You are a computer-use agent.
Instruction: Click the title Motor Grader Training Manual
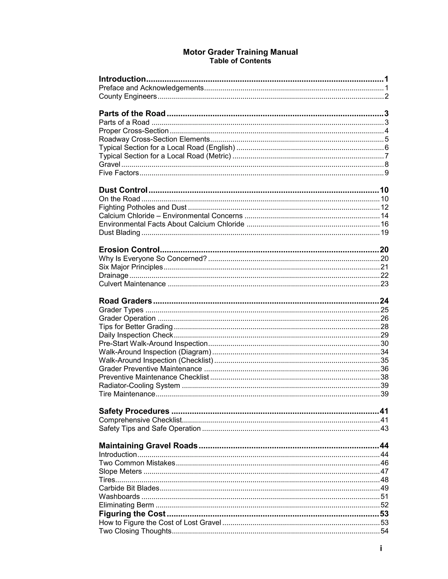tap(240, 52)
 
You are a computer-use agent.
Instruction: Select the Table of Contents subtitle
tap(240, 61)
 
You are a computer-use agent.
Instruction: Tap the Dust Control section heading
tap(123, 190)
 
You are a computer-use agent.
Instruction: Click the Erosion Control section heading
tap(129, 250)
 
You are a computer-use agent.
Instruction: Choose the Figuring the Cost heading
tap(132, 514)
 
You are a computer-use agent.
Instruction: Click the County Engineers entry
tap(128, 96)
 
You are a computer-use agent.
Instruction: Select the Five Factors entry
tap(119, 173)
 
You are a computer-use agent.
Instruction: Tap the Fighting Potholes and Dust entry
tap(143, 207)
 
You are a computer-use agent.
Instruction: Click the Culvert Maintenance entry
tap(132, 284)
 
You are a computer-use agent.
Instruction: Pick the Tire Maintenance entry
tap(127, 394)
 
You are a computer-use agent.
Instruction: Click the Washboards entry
tap(119, 497)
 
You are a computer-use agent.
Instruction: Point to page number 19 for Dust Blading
tap(384, 232)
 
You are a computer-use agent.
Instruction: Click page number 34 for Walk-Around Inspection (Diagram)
tap(384, 352)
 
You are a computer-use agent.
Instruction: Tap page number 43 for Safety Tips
tap(384, 428)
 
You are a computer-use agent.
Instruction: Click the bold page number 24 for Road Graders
tap(384, 301)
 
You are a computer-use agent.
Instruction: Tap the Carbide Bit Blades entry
tap(129, 488)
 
